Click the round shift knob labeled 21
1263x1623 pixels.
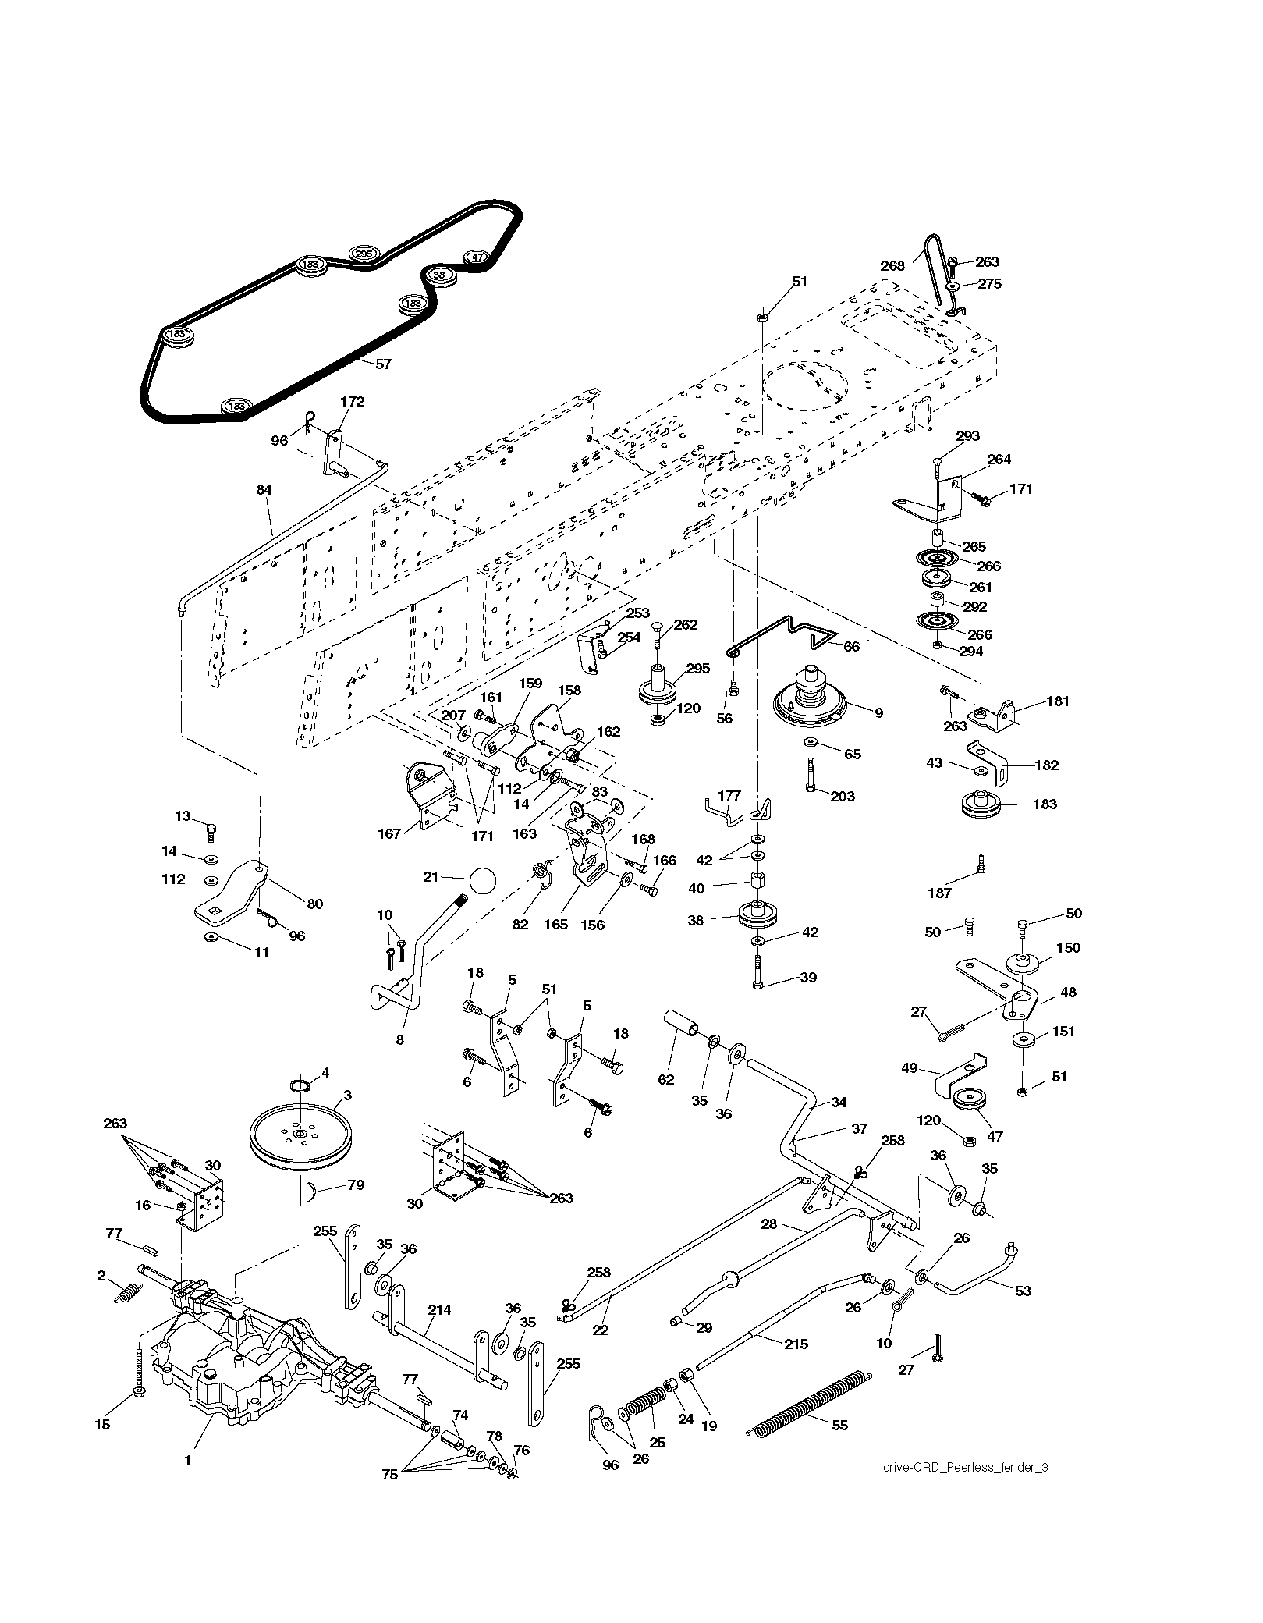point(483,881)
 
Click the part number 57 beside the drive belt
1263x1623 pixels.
point(383,364)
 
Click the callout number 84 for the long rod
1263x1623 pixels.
point(264,490)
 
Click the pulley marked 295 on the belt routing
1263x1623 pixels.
point(363,254)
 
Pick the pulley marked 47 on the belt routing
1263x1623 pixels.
point(477,257)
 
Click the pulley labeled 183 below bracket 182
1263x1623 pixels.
point(982,805)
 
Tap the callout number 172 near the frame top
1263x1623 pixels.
point(352,402)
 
